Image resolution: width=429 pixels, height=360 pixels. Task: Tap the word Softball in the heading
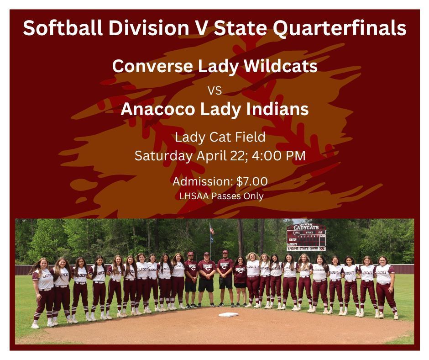click(x=63, y=27)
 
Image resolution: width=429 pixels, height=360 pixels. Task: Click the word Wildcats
click(x=281, y=66)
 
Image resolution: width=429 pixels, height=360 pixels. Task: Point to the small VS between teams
click(x=214, y=90)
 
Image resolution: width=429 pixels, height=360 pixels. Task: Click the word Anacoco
click(x=157, y=109)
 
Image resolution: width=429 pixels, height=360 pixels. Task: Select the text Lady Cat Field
click(x=220, y=137)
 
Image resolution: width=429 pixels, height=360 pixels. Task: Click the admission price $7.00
click(x=252, y=181)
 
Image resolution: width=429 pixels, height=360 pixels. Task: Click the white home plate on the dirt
click(x=229, y=314)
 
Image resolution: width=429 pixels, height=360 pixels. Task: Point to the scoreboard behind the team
click(x=306, y=237)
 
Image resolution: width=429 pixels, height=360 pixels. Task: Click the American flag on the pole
click(x=212, y=230)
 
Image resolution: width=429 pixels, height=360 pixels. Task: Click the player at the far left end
click(x=42, y=292)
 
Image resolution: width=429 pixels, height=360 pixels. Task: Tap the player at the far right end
click(x=386, y=287)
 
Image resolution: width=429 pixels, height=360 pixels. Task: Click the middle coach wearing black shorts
click(x=207, y=280)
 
